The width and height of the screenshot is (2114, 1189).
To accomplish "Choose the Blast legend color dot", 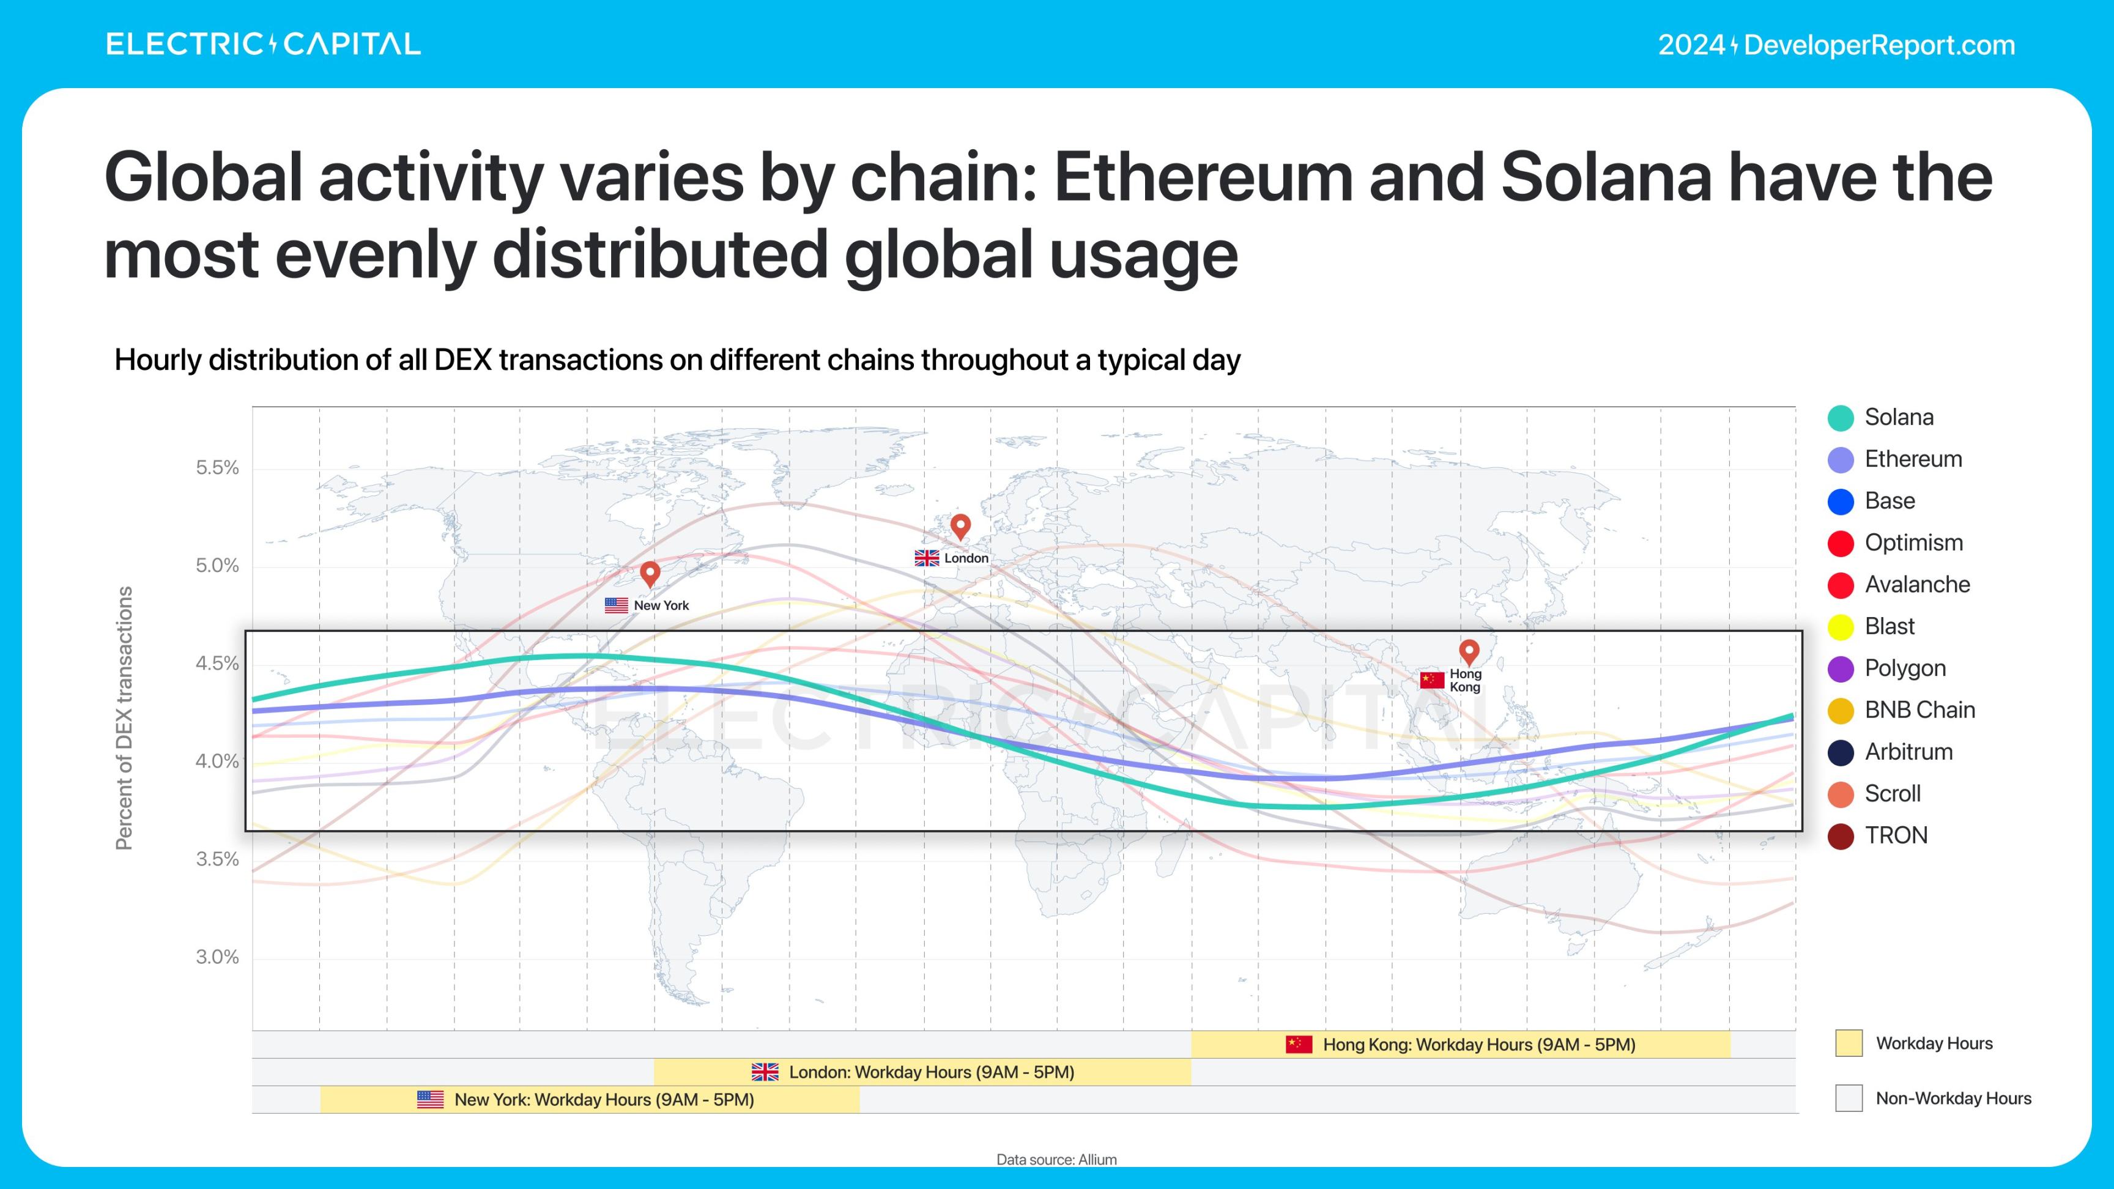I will [1841, 627].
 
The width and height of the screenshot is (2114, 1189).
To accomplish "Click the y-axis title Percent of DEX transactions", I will [124, 717].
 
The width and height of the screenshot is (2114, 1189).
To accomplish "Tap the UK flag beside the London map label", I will [927, 558].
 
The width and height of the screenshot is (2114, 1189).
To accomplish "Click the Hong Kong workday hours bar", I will [1461, 1045].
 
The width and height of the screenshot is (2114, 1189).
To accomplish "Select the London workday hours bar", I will [922, 1072].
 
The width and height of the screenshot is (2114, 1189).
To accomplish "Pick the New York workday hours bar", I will [589, 1100].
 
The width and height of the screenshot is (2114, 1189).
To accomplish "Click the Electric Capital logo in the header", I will [262, 44].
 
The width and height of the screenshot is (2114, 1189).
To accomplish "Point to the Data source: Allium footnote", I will [1056, 1160].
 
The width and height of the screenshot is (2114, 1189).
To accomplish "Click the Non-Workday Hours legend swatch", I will [1848, 1098].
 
